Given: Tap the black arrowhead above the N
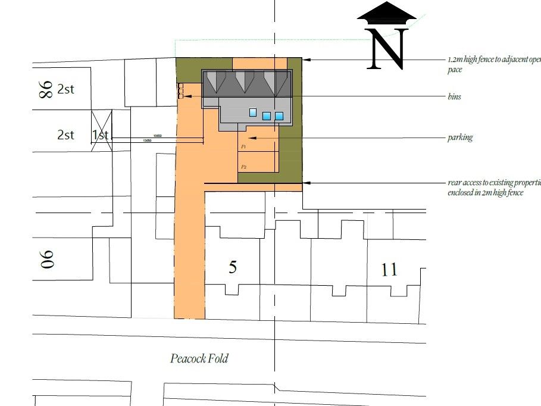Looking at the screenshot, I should click(x=387, y=14).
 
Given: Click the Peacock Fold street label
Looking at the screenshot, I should click(x=199, y=358).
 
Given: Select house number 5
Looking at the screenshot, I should click(x=233, y=267).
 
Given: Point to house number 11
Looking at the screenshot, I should click(x=389, y=270).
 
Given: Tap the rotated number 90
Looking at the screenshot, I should click(x=46, y=258).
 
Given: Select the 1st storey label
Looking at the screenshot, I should click(x=101, y=135).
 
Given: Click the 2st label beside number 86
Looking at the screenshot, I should click(x=66, y=90).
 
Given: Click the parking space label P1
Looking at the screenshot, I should click(x=243, y=146).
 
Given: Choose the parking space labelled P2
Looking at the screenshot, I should click(x=243, y=167).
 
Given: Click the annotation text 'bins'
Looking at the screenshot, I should click(x=454, y=96).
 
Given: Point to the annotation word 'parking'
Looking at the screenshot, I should click(x=460, y=138).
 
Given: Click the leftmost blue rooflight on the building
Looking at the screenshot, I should click(x=253, y=112).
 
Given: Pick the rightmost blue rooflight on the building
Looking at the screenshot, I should click(x=279, y=116).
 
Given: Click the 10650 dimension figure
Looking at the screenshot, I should click(x=157, y=136).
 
